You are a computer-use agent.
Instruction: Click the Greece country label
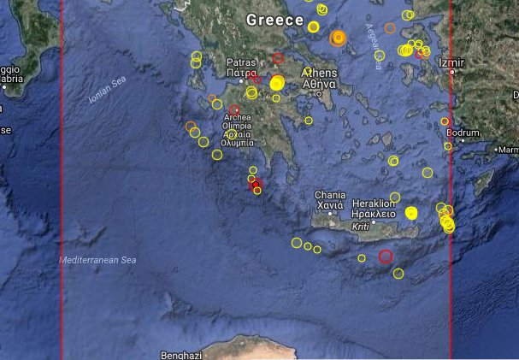274,19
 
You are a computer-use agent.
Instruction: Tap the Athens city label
318,74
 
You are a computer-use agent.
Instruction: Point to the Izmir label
450,63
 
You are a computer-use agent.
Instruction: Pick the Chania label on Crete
329,195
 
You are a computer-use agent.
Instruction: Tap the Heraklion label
373,204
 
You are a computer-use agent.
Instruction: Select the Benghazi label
180,354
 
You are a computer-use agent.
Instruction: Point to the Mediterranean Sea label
98,259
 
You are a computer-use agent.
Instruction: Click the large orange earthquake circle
338,38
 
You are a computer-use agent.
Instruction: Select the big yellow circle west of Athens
276,84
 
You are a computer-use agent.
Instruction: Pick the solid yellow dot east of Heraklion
410,213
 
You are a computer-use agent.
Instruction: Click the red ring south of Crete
386,256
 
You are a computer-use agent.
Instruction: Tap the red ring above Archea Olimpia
234,109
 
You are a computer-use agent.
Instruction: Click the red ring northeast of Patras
278,58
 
